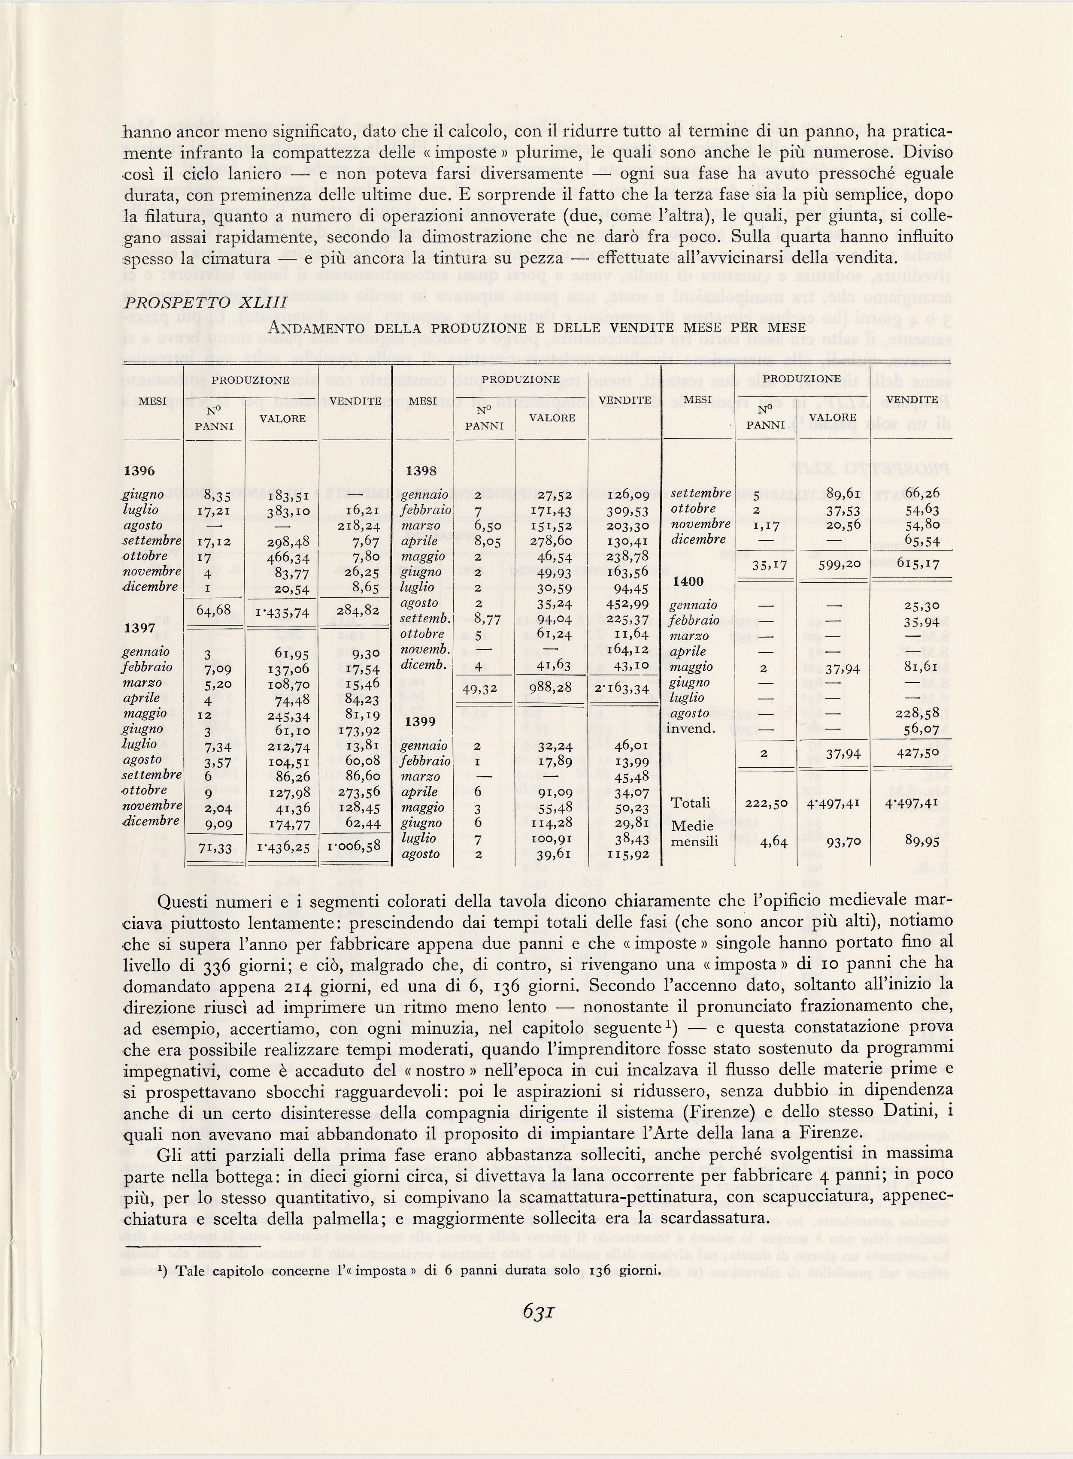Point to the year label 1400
click(x=688, y=581)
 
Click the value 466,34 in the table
click(x=289, y=557)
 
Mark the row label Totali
click(x=691, y=803)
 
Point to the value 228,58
click(x=921, y=713)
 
